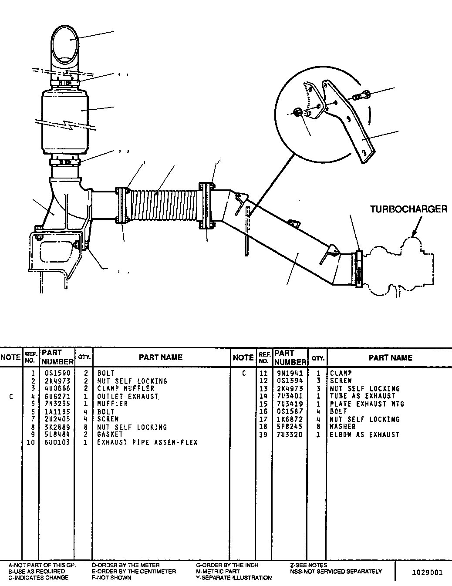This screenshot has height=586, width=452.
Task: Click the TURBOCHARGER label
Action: [x=408, y=209]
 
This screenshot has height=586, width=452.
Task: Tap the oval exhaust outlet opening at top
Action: [x=65, y=44]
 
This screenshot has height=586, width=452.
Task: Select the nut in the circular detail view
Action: [x=297, y=111]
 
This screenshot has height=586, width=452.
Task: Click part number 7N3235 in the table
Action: [x=57, y=404]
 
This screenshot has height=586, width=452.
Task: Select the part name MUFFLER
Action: [x=112, y=404]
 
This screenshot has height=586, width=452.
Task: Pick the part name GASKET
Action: [x=110, y=434]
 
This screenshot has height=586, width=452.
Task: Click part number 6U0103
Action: [x=57, y=442]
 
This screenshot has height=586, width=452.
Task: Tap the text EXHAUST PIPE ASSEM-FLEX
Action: [x=148, y=442]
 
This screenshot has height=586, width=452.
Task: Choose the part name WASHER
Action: [x=343, y=426]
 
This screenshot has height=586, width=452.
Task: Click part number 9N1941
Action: [x=290, y=373]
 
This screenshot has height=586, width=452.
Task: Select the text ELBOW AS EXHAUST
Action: [x=364, y=434]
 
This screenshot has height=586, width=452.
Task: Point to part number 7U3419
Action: [x=290, y=404]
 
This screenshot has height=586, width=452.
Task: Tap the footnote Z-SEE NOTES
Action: [x=309, y=565]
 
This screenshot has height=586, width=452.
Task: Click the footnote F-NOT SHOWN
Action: [x=111, y=578]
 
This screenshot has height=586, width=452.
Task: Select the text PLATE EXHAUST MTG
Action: [x=367, y=404]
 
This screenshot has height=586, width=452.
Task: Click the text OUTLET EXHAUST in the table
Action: [x=128, y=397]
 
